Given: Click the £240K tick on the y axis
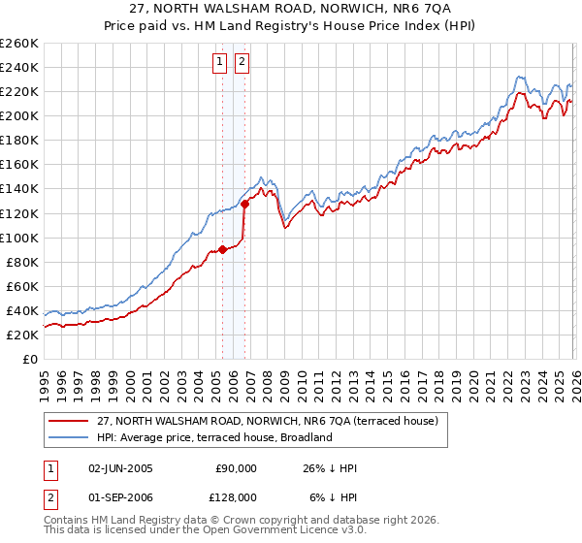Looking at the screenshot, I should [x=19, y=67].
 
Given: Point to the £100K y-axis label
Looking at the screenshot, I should [x=19, y=238].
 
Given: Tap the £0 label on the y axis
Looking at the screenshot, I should [x=30, y=359].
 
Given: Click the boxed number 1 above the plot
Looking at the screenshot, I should [x=219, y=63].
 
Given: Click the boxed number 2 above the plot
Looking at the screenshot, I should [x=241, y=63].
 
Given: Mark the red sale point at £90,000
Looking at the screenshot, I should [x=222, y=249].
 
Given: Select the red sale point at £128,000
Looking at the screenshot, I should [x=244, y=204].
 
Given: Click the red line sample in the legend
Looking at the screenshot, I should [x=68, y=422].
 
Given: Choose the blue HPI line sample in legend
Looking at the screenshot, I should [x=68, y=437].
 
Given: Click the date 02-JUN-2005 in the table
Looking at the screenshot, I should [x=119, y=468].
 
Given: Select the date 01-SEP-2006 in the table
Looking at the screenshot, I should [x=119, y=496].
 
